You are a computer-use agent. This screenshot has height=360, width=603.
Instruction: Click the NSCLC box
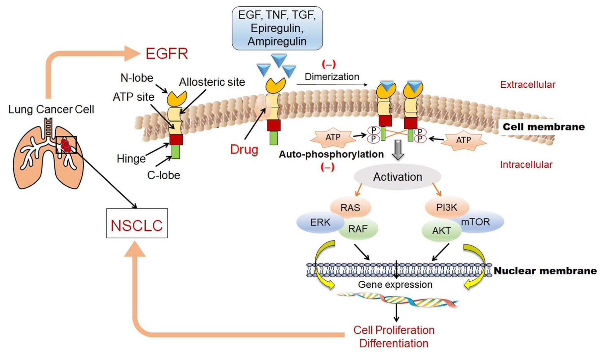(x=137, y=223)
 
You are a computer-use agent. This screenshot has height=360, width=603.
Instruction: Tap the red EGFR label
(x=167, y=54)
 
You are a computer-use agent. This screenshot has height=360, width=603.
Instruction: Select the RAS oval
(x=350, y=207)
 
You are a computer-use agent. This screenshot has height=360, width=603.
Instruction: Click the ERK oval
(x=320, y=222)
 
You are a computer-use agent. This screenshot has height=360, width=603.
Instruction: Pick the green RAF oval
(x=358, y=229)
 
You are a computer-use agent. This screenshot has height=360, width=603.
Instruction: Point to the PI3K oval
(x=447, y=207)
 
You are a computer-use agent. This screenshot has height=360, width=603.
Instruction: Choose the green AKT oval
(x=441, y=231)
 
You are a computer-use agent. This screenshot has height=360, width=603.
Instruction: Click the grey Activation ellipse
(x=397, y=177)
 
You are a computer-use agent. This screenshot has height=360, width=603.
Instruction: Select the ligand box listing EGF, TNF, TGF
(x=277, y=28)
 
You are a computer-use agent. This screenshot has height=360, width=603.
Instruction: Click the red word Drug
(x=244, y=149)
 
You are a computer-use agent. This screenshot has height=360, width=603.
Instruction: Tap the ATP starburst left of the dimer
(x=332, y=137)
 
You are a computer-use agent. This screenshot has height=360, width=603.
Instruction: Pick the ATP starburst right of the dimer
(x=463, y=140)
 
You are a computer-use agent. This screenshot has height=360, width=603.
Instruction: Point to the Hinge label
(x=131, y=159)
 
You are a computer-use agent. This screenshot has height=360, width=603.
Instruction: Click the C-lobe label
(x=164, y=175)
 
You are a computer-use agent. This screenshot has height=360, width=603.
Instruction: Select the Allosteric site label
(x=212, y=82)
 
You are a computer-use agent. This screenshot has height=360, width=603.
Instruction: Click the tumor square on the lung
(x=66, y=145)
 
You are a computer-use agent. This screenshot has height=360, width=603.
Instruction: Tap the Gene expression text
(x=395, y=285)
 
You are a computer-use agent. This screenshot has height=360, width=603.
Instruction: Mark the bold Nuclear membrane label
(x=545, y=271)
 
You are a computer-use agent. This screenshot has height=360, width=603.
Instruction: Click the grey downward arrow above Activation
(x=398, y=150)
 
